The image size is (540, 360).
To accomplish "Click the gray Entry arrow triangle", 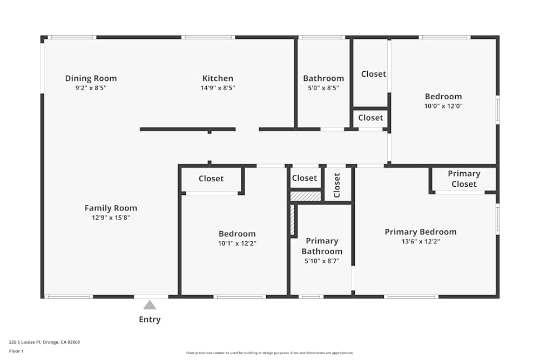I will pos(150,305).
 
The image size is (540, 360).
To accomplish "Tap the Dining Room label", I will pos(91,78).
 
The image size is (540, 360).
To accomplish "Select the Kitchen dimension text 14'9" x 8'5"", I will pos(218,87).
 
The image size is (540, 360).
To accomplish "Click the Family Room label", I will pos(111,208).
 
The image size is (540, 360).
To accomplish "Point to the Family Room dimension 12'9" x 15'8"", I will pos(111,218).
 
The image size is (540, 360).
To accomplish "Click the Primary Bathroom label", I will pos(322,246).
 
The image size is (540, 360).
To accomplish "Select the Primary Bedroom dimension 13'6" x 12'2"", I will pos(420,241).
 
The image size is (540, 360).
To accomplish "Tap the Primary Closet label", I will pos(464,179).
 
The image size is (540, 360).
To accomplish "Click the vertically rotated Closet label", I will pos(337,185).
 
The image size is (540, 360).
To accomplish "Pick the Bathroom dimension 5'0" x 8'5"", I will pos(323,87).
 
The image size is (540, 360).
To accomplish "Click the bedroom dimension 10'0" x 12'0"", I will pos(443,106).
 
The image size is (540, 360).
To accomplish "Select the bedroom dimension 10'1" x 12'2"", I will pos(237,243).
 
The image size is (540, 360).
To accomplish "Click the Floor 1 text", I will pos(16,351).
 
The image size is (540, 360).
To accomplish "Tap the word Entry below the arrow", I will pos(150,320).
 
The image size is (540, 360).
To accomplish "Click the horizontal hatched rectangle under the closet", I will pos(306,196).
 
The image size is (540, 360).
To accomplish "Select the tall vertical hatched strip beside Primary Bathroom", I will pos(293,220).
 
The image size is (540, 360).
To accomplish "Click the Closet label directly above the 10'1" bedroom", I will pos(211,179).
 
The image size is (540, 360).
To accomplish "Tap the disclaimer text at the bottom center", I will pos(270,353).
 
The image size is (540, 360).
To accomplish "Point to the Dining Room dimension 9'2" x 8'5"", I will pos(91,87).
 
